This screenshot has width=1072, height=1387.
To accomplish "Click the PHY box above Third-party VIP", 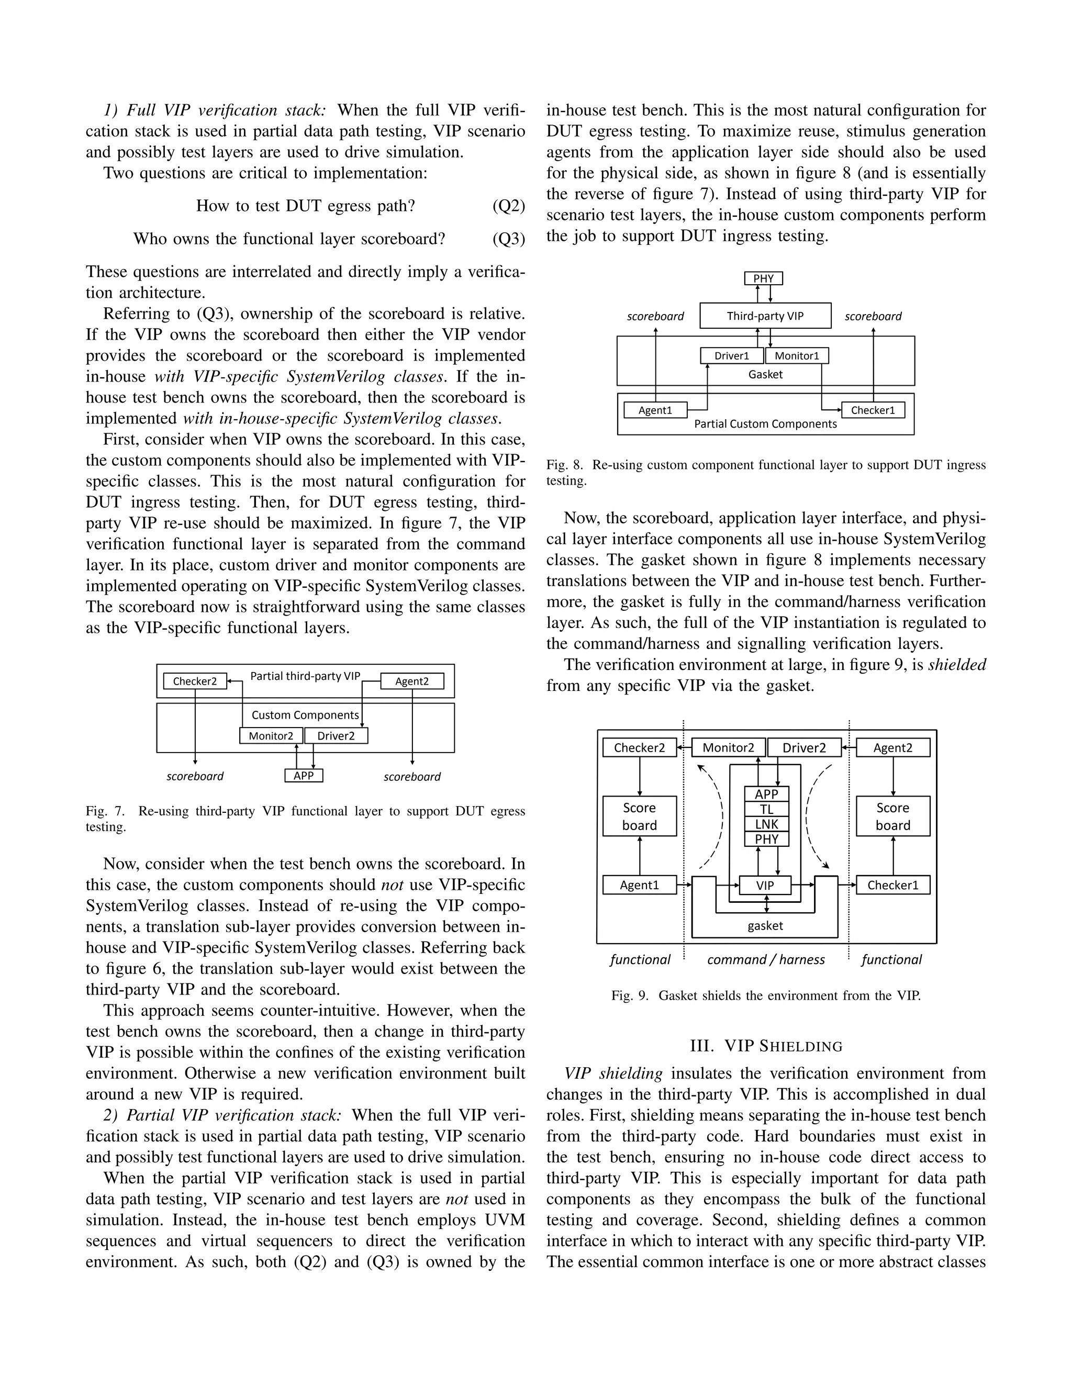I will tap(763, 278).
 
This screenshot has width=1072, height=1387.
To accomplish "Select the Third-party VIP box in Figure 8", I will tap(765, 316).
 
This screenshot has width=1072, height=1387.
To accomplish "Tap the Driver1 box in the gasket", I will tap(732, 355).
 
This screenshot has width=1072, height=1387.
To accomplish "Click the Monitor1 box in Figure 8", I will tap(797, 355).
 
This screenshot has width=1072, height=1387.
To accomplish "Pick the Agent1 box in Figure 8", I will tap(655, 410).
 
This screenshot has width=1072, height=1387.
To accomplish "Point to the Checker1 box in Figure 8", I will tap(873, 410).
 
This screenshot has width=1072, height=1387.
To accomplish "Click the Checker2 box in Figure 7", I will tap(195, 681).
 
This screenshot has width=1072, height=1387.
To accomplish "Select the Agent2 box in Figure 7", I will tap(411, 681).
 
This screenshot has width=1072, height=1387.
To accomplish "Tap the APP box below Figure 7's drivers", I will tap(304, 776).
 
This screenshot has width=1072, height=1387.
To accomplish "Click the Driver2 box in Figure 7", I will tap(336, 736).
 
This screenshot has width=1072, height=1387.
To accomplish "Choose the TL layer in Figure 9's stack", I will tap(766, 809).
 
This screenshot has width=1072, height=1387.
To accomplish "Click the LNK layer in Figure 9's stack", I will tap(766, 824).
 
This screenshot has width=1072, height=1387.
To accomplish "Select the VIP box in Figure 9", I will tap(765, 885).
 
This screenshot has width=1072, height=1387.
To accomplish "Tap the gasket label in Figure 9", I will tap(765, 925).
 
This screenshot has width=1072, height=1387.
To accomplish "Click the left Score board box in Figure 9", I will tap(640, 816).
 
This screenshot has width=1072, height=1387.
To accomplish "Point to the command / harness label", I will tap(766, 959).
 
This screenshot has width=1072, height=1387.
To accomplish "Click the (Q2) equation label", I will tap(509, 206).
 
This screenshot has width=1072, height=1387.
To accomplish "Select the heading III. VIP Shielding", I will tap(766, 1046).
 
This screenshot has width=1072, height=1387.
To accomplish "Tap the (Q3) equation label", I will tap(509, 239).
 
